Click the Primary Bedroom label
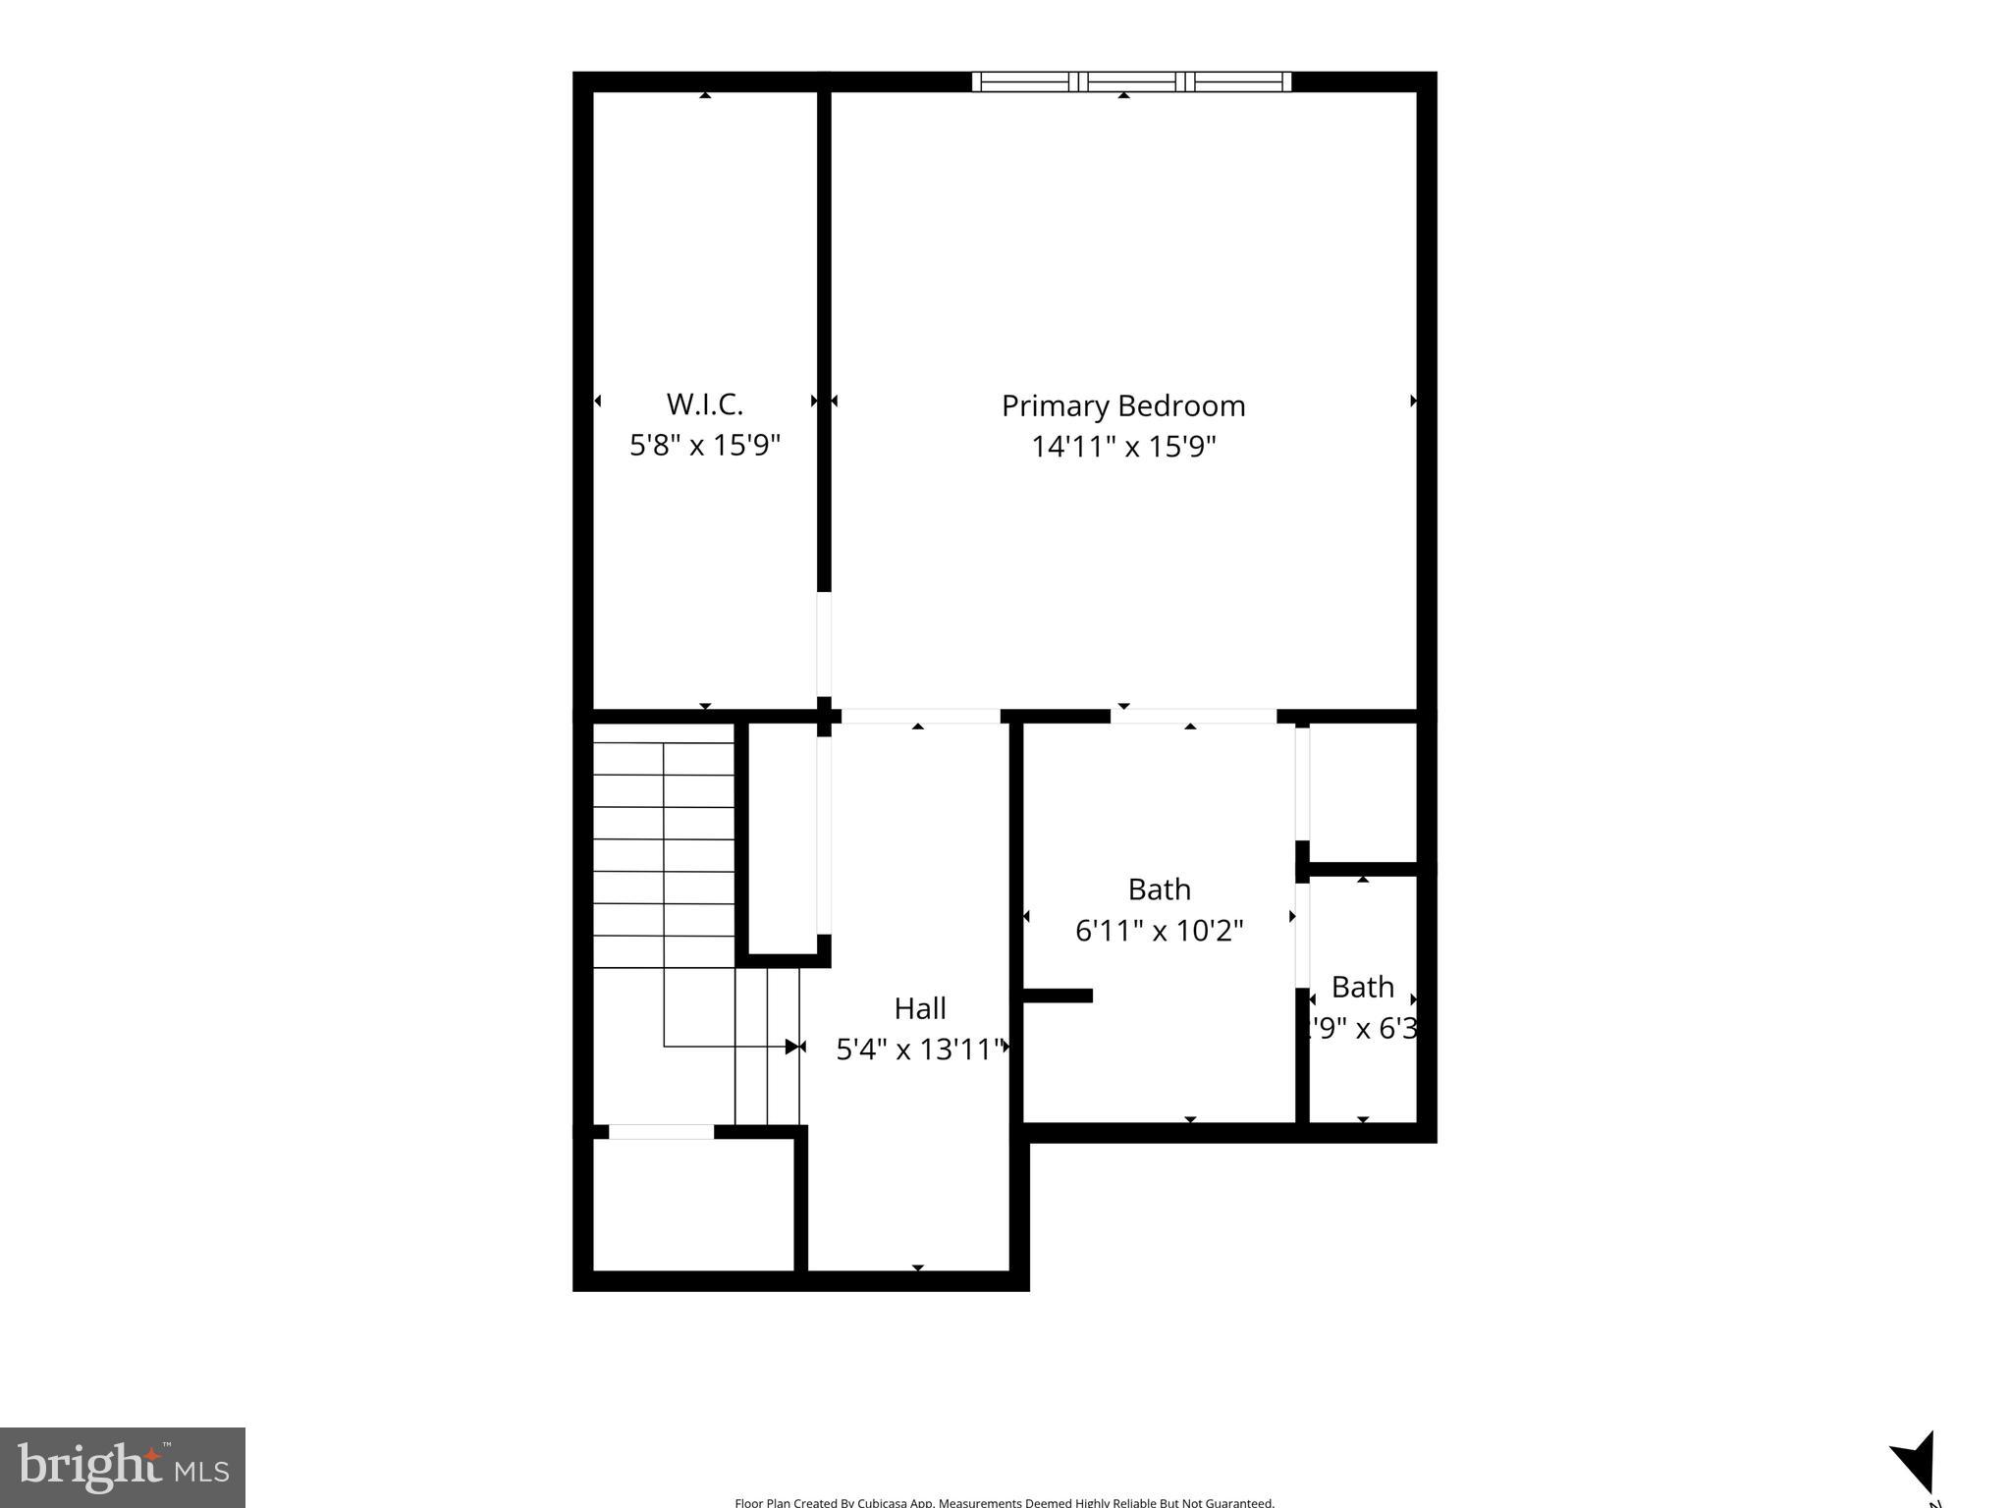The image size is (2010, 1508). click(x=1122, y=405)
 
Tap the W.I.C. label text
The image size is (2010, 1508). click(x=704, y=404)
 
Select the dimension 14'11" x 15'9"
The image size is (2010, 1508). click(x=1122, y=447)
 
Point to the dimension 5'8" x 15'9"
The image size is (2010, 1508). click(x=704, y=445)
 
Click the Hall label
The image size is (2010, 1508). click(x=919, y=1008)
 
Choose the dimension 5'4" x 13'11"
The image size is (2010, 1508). click(x=919, y=1050)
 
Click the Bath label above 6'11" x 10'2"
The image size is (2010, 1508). click(x=1159, y=889)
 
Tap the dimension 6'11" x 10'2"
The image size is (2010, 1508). click(x=1159, y=930)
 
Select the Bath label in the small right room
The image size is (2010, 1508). click(x=1362, y=986)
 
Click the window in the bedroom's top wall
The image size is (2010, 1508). click(x=1131, y=81)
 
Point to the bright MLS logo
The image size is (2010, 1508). click(x=123, y=1468)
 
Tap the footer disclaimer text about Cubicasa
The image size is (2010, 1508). click(x=1004, y=1501)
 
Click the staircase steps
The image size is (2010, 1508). click(x=664, y=854)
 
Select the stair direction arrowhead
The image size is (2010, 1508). click(x=792, y=1047)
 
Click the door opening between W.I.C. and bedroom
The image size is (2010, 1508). click(x=824, y=644)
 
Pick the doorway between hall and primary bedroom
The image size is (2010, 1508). click(x=920, y=716)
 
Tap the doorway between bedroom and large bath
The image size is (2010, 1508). click(x=1192, y=716)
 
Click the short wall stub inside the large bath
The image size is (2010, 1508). click(x=1058, y=996)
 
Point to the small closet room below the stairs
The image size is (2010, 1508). click(x=693, y=1205)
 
